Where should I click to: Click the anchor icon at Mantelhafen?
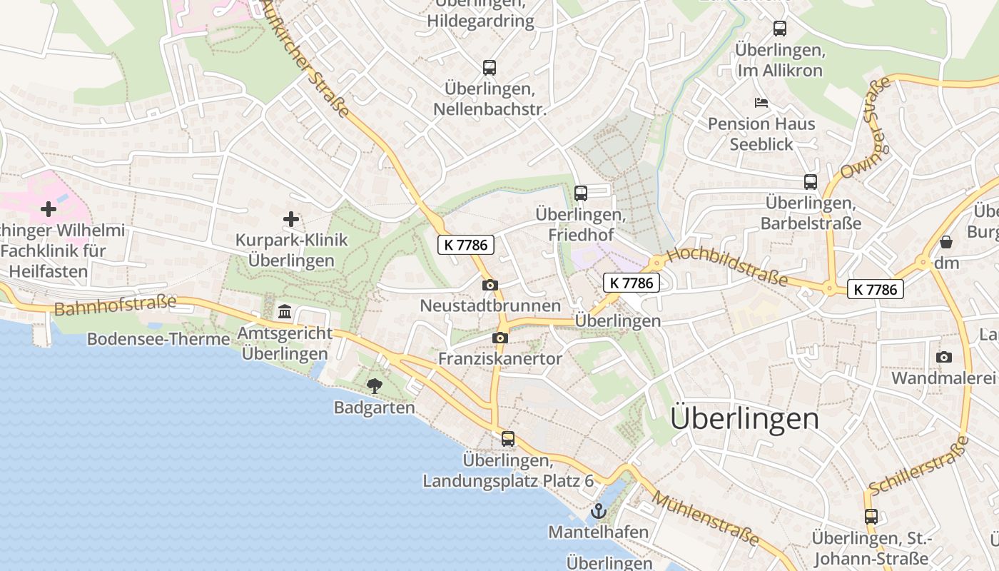(x=599, y=511)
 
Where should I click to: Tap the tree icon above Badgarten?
(x=374, y=386)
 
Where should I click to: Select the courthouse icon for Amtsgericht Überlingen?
(x=285, y=311)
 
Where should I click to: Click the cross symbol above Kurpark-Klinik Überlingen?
(x=291, y=218)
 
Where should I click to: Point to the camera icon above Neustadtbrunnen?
(x=490, y=285)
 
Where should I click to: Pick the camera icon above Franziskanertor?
(x=500, y=338)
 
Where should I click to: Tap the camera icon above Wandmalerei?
(x=944, y=357)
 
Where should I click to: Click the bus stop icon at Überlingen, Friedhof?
(x=581, y=193)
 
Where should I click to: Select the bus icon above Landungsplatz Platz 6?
(x=508, y=438)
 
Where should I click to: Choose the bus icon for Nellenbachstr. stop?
(x=490, y=68)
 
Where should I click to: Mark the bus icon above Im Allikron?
(x=780, y=29)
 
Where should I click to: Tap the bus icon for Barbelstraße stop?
(x=811, y=182)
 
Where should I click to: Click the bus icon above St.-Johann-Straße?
(x=871, y=516)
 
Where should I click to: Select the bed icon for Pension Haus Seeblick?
(x=761, y=103)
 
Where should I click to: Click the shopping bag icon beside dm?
(x=946, y=242)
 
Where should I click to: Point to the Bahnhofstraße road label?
(x=115, y=305)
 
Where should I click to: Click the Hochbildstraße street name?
(x=728, y=266)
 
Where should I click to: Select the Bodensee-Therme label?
(x=158, y=339)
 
